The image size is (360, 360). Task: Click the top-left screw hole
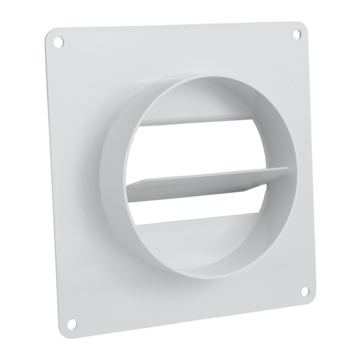pyautogui.click(x=58, y=41)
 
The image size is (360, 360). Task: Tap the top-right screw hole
pyautogui.click(x=296, y=33)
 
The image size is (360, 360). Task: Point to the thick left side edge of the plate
pyautogui.click(x=50, y=180)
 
